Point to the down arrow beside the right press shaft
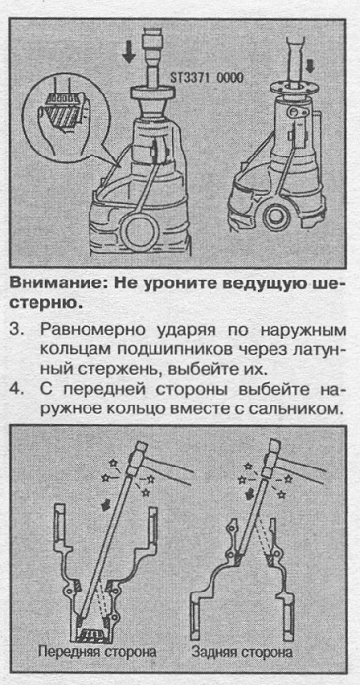click(311, 66)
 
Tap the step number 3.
click(16, 329)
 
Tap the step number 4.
click(16, 389)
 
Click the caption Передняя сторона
click(97, 653)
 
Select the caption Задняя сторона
click(242, 653)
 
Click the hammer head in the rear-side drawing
click(270, 460)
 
